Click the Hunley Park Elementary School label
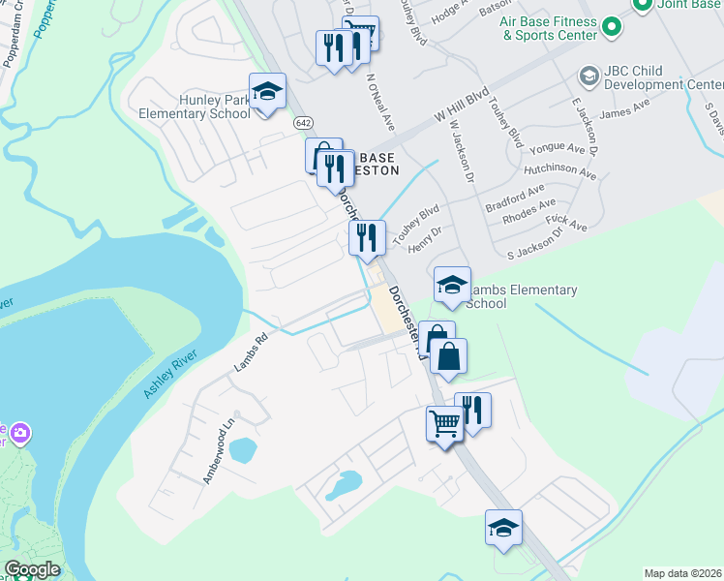pos(195,106)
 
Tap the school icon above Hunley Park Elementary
pos(267,93)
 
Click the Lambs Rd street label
pos(250,353)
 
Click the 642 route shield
pos(304,123)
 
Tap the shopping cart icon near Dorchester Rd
pos(444,422)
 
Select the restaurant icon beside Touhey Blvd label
pos(367,238)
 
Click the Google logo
pos(32,569)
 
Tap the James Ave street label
pos(624,112)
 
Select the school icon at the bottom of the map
pos(503,529)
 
